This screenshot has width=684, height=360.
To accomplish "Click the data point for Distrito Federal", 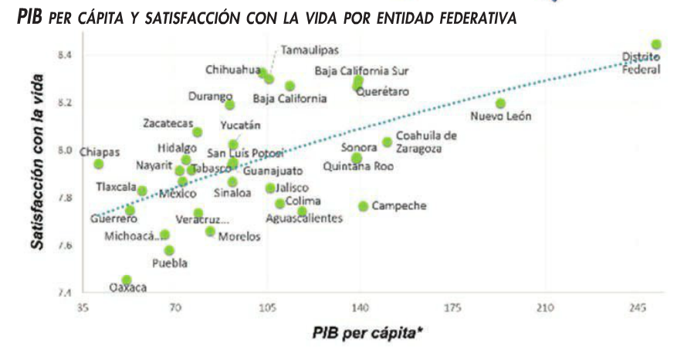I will [656, 45].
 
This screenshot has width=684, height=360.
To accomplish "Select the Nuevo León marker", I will [500, 104].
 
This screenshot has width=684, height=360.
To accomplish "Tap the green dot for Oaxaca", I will [127, 280].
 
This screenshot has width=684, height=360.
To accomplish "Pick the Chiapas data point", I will [98, 164].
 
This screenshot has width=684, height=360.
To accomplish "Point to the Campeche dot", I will [363, 206].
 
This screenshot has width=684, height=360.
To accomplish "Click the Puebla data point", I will [169, 250].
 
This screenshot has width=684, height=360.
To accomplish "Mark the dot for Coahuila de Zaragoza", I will [387, 142].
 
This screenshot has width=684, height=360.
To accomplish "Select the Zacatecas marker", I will [198, 132].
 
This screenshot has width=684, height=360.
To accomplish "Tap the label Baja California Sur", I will [361, 71].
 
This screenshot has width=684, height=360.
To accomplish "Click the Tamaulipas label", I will [310, 50].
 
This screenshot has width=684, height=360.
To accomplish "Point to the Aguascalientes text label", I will [304, 219].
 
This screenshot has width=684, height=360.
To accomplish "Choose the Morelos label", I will [239, 236].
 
